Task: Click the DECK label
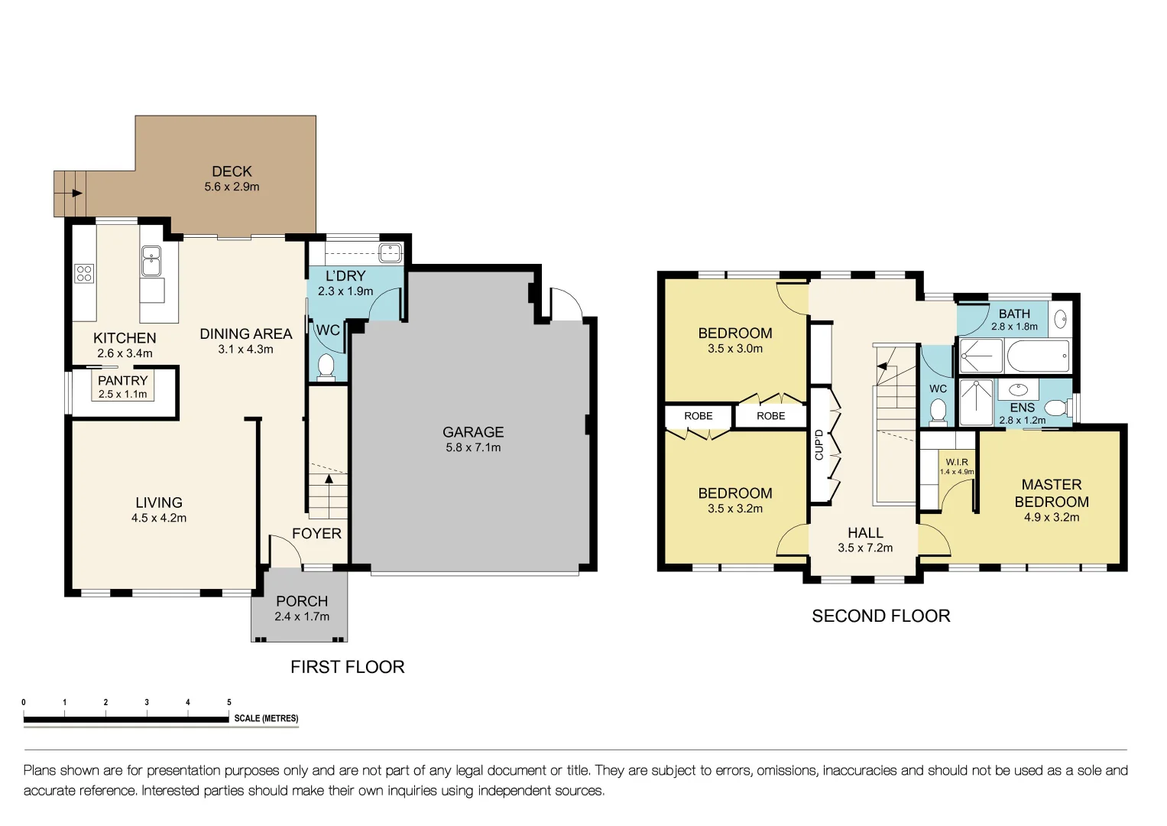[232, 171]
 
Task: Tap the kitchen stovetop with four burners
[84, 273]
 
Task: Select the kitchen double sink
[151, 261]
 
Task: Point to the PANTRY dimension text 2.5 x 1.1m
[122, 394]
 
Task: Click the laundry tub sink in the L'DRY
[391, 251]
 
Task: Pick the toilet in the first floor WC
[326, 366]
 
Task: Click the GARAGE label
[473, 432]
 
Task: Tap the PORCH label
[302, 601]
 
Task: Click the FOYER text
[316, 533]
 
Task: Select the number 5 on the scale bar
[229, 702]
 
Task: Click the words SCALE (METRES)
[266, 718]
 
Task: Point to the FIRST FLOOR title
[347, 667]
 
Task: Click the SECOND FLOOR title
[880, 616]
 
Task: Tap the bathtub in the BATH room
[1038, 356]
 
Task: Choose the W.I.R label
[957, 462]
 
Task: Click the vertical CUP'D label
[819, 444]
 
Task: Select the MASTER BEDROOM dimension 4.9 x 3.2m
[1052, 517]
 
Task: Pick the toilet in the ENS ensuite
[1057, 407]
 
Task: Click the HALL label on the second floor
[865, 532]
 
